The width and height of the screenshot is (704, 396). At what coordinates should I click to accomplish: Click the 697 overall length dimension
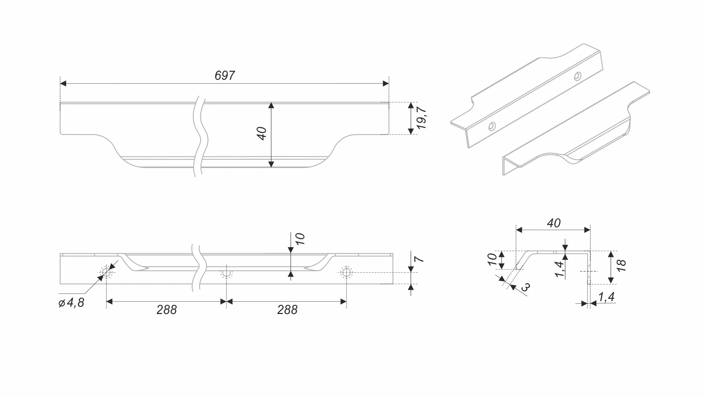click(224, 75)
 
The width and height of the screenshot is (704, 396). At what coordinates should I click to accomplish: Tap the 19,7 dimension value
click(422, 118)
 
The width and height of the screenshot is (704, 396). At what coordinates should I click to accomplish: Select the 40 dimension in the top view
click(262, 133)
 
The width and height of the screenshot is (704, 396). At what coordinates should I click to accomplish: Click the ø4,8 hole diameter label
click(72, 303)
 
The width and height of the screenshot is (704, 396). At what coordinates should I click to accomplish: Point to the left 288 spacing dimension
click(166, 310)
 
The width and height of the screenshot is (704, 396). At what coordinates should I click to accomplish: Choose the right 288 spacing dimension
click(287, 310)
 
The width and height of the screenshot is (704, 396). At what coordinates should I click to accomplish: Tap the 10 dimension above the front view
click(300, 239)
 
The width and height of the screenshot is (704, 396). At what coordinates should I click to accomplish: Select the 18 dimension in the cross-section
click(621, 265)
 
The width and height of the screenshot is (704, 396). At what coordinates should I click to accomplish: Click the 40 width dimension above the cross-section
click(553, 223)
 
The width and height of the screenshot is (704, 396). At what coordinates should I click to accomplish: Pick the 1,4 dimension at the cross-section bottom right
click(606, 297)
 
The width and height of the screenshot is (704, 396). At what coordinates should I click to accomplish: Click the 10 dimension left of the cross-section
click(492, 259)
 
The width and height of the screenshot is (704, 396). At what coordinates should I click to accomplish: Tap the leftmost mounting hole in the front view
click(106, 272)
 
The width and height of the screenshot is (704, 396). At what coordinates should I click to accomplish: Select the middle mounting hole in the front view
click(226, 273)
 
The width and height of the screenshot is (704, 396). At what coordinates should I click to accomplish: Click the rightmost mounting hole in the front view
click(346, 272)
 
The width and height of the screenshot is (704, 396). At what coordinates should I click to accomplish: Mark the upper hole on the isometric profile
click(577, 76)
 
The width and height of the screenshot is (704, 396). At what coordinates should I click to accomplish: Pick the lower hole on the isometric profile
click(491, 127)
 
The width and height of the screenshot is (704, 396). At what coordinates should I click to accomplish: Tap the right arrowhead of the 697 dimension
click(386, 83)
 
